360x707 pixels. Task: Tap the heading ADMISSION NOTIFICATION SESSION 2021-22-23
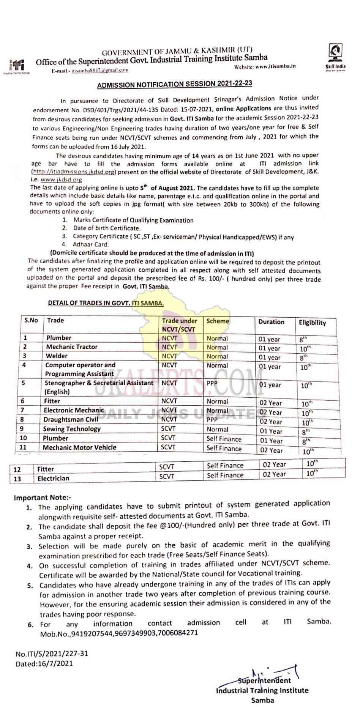175,84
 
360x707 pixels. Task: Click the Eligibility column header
312,323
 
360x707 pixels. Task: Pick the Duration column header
271,322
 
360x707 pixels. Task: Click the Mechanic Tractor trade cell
72,347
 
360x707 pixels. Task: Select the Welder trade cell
57,356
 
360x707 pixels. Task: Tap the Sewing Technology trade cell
72,429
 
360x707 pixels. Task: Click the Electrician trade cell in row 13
53,479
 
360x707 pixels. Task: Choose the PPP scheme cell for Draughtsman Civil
212,420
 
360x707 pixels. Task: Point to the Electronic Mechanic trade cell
74,410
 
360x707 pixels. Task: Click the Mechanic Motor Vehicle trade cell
79,447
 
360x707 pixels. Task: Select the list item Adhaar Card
91,245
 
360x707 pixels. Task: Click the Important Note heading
43,498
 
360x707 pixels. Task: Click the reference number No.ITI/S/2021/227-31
52,654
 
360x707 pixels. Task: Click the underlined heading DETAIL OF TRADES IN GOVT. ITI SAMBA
106,303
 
